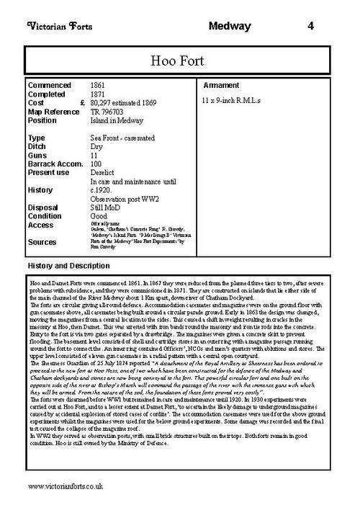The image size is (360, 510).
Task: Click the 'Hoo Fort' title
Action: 181,59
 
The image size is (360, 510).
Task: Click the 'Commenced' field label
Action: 50,85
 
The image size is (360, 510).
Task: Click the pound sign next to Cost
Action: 83,103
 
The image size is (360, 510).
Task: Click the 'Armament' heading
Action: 223,85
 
